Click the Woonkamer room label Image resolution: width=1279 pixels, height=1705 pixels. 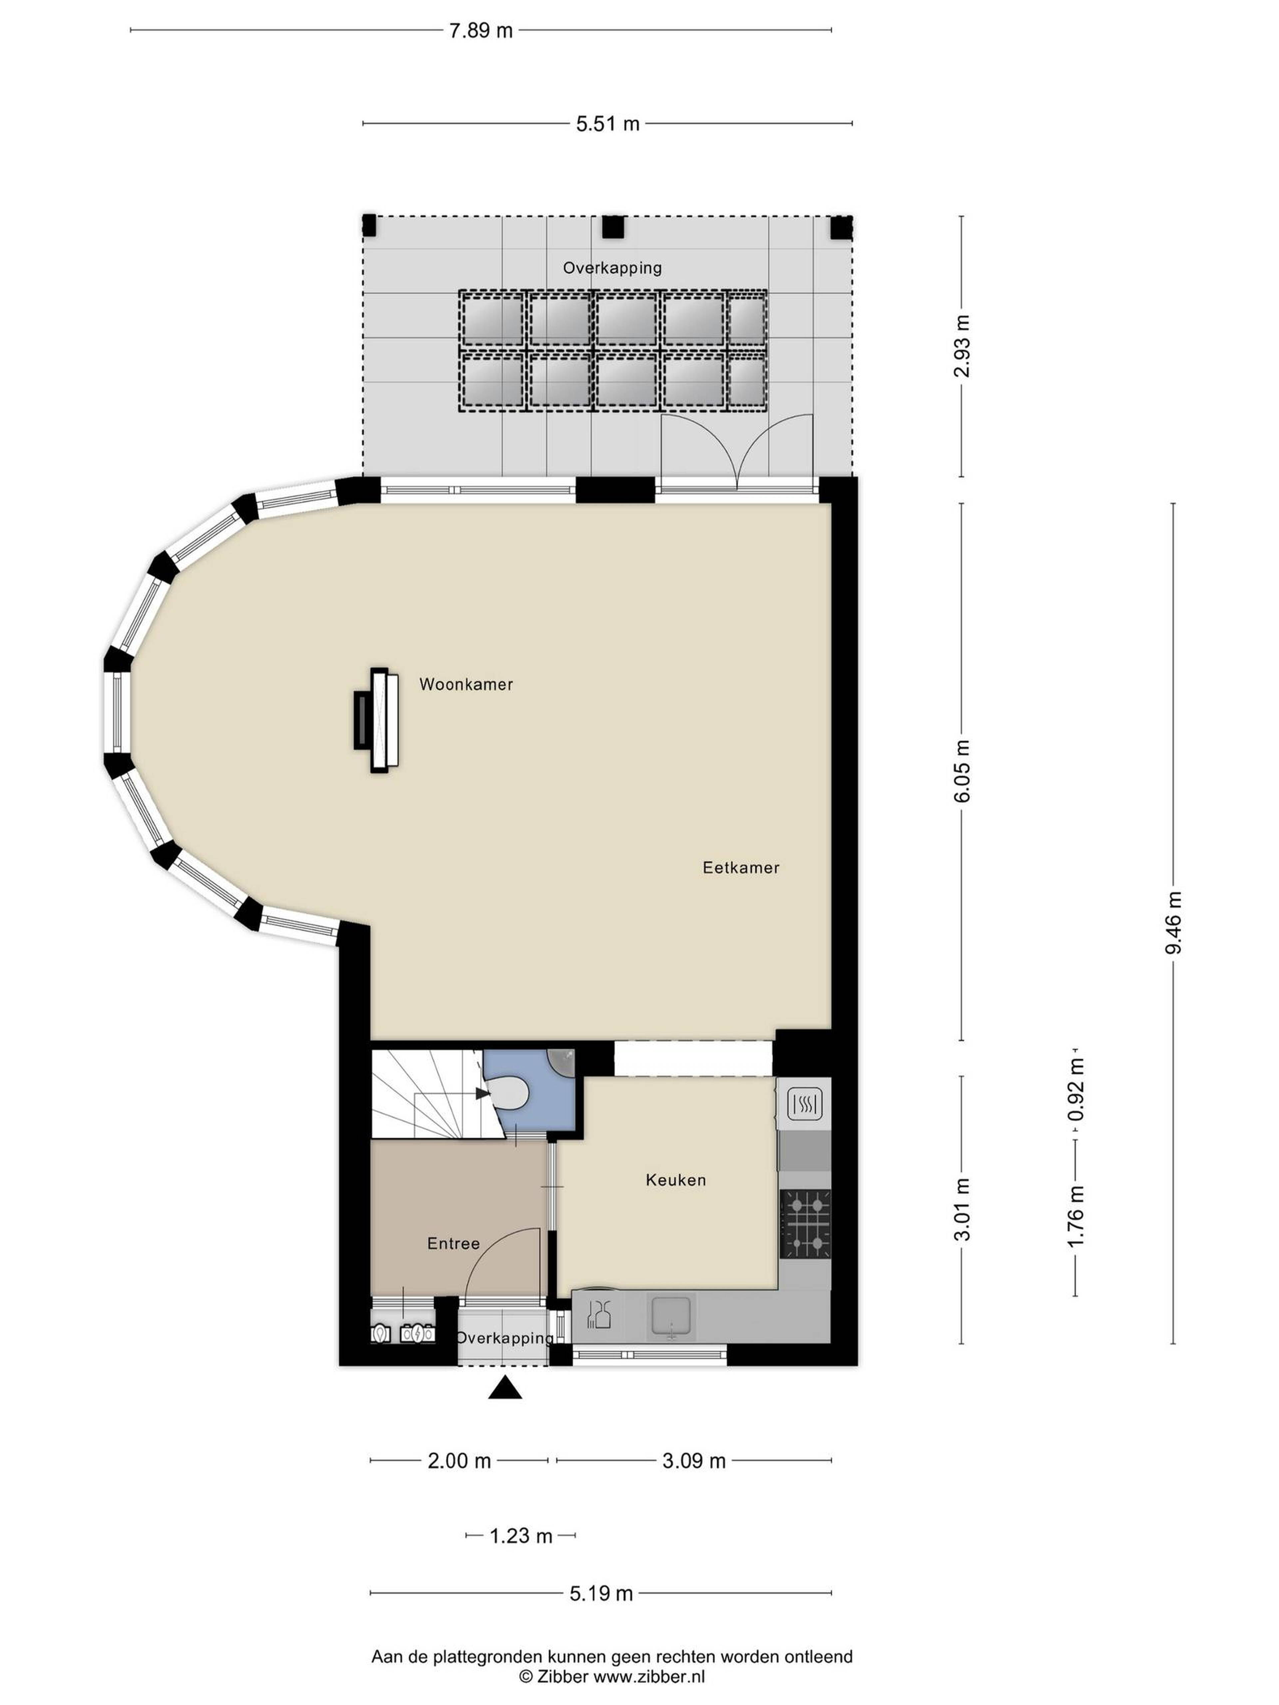point(466,684)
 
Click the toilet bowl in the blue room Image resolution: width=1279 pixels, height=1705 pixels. point(509,1093)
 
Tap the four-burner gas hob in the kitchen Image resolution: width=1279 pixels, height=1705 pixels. point(805,1223)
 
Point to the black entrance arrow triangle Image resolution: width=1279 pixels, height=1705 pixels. point(505,1387)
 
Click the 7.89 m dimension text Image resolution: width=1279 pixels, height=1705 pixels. point(480,31)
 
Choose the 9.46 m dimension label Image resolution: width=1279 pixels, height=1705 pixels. point(1173,923)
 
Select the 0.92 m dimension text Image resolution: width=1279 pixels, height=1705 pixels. point(1075,1090)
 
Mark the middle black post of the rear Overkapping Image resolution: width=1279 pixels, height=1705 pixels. point(612,227)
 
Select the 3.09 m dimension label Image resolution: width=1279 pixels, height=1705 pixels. point(694,1461)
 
